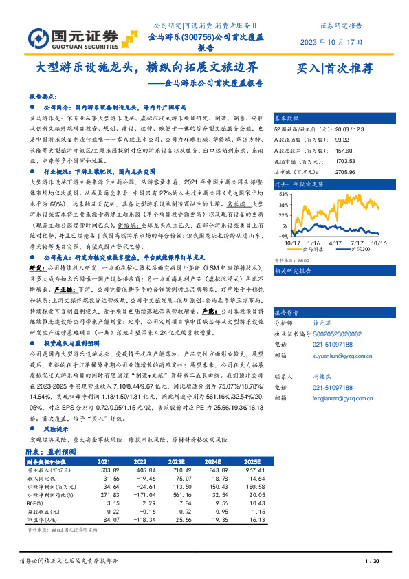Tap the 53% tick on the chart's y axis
[281, 195]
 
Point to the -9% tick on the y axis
[282, 235]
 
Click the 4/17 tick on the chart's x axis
[335, 243]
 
